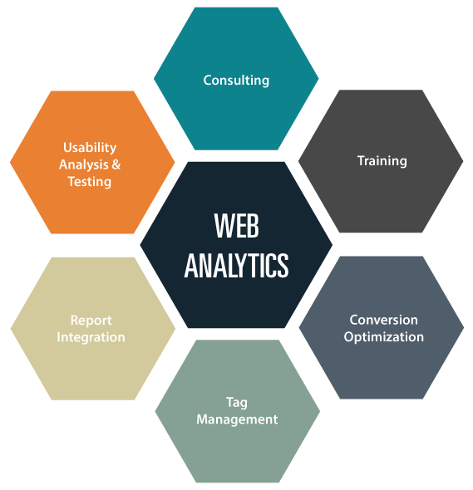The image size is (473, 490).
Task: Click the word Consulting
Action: point(236,81)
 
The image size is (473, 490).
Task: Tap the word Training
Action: point(382,161)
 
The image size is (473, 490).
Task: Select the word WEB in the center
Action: point(237,226)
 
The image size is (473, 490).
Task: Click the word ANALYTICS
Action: point(236,265)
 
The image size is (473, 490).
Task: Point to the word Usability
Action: point(90,148)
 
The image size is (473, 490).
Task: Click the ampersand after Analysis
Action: point(116,164)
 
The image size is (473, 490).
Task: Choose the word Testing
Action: point(90,182)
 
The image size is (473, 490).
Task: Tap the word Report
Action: point(91,321)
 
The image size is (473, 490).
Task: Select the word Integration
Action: point(91,337)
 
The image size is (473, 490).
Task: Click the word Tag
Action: point(237,403)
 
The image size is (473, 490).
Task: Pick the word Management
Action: point(237,419)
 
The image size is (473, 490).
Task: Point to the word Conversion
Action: point(384,320)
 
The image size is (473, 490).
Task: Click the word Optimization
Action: point(384,337)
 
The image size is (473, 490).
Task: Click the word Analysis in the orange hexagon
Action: point(84,164)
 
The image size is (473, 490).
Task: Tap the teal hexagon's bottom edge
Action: point(236,149)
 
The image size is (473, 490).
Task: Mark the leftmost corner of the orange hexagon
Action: point(10,162)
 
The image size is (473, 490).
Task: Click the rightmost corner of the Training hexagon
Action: point(463,161)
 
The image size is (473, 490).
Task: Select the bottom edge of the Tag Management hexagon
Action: point(238,483)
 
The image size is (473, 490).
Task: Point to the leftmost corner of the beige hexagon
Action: point(11,329)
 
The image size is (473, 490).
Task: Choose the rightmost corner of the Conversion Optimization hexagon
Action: point(464,327)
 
